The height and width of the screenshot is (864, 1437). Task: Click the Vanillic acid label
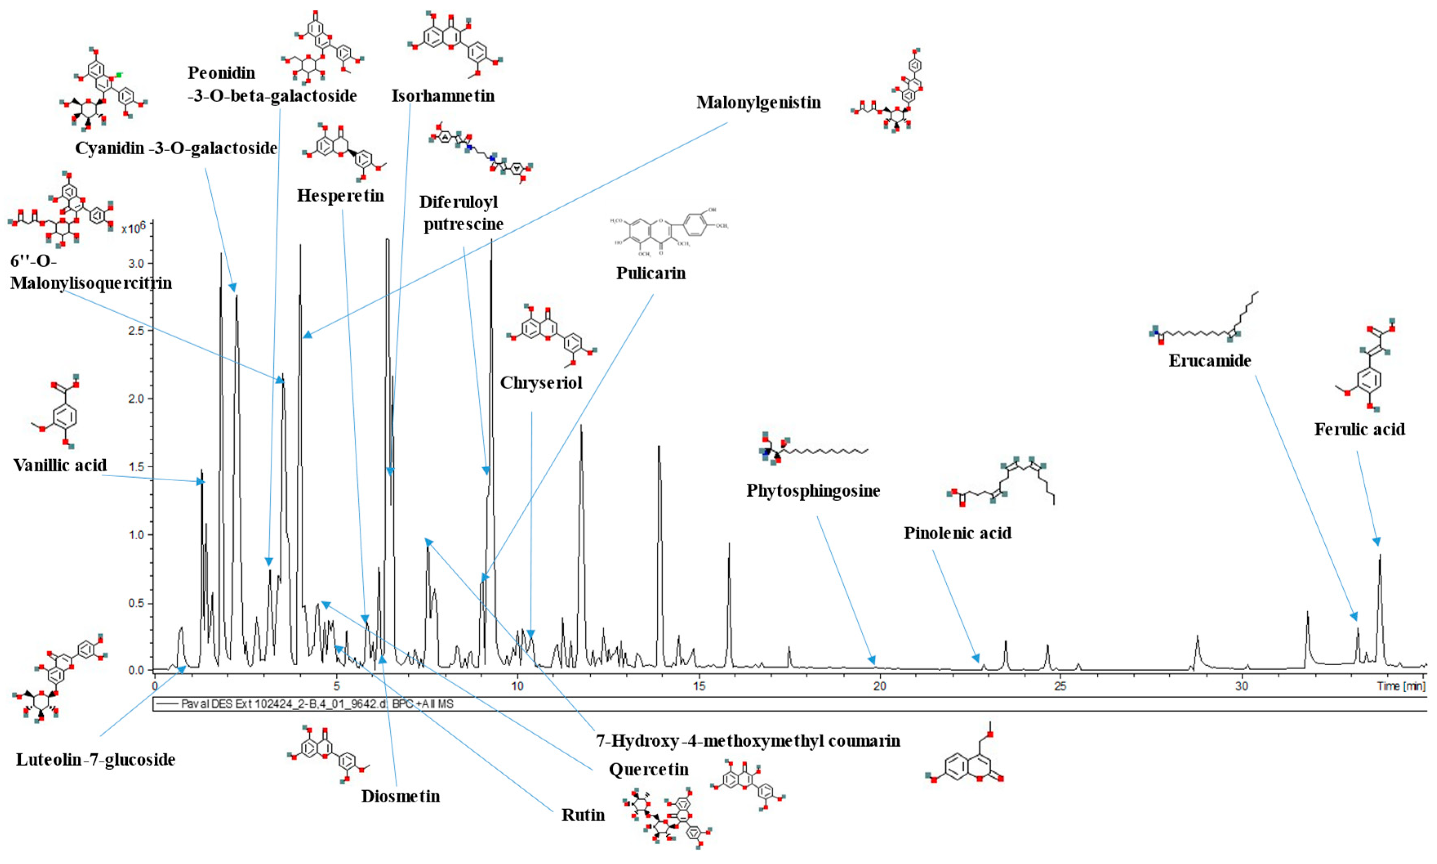60,465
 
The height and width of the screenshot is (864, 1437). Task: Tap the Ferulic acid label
1359,430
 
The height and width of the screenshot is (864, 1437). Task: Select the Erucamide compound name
1209,361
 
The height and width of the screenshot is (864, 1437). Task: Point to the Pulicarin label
650,273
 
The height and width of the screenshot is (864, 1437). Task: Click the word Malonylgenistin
758,102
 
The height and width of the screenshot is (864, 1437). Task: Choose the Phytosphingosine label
813,491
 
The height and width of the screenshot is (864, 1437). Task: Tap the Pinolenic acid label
957,533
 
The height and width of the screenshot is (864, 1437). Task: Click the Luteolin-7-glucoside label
96,760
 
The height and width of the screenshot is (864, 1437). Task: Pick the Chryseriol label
541,383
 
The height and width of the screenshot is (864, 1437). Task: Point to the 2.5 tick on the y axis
137,331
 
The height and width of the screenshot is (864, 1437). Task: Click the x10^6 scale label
133,228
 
